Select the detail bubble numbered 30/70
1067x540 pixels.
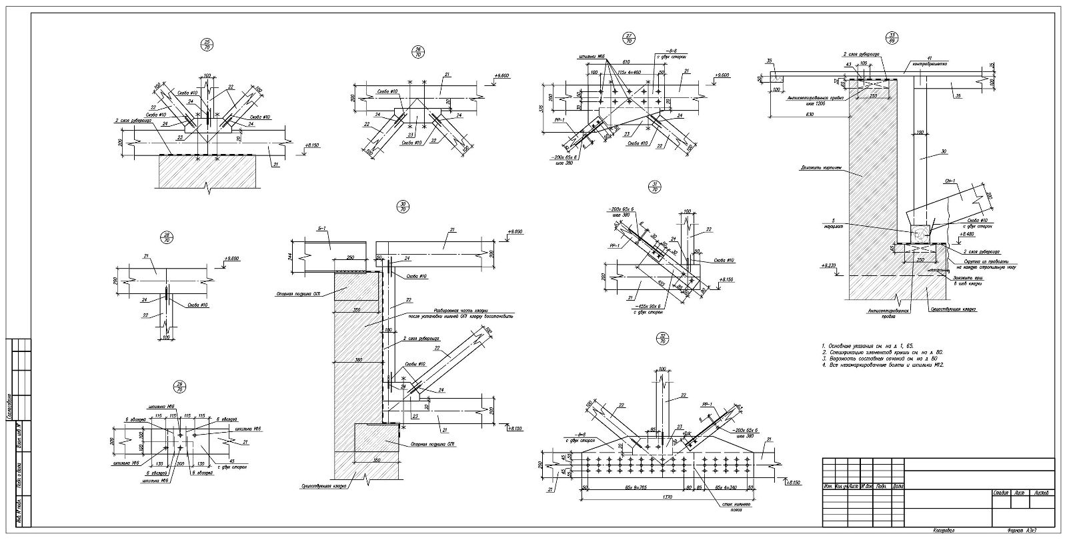click(402, 206)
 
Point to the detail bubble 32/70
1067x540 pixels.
click(662, 337)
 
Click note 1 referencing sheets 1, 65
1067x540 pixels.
click(868, 345)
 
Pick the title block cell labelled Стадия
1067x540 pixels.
click(999, 493)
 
